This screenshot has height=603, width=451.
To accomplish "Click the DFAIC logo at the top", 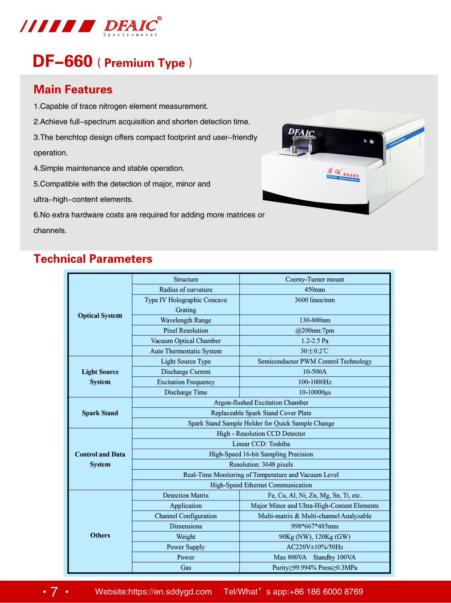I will tap(132, 26).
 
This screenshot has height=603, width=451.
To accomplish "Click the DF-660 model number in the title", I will tap(63, 62).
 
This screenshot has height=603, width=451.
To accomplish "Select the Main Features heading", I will tap(73, 90).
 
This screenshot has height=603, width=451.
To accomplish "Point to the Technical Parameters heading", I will tap(93, 259).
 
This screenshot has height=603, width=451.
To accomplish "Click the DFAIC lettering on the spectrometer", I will tap(301, 132).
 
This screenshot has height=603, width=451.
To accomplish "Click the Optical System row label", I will tap(100, 315).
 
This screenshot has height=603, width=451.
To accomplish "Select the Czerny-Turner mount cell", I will tap(314, 280).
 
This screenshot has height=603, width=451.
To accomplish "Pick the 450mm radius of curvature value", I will tap(314, 290).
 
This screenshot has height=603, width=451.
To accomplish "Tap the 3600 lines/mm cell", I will tap(314, 300).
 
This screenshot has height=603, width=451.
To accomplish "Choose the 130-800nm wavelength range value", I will tap(314, 320).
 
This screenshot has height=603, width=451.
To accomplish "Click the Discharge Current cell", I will tap(186, 372).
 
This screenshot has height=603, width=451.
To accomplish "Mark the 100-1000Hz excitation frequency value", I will tap(314, 382).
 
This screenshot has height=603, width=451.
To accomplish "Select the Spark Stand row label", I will tap(100, 413).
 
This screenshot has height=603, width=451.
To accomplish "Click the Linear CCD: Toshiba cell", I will tap(261, 444).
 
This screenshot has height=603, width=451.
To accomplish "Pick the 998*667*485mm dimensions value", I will tap(314, 526).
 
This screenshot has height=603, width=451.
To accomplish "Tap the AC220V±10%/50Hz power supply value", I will tap(314, 547).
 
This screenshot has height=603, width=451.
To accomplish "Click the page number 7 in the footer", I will tap(54, 592).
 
